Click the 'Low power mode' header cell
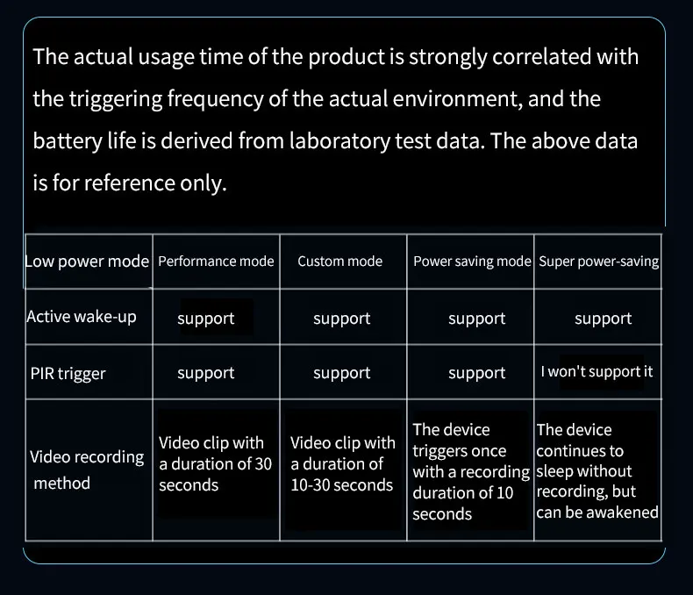[x=87, y=262]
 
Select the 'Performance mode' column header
[x=216, y=262]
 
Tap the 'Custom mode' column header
[x=340, y=262]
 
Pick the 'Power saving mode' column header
[x=472, y=262]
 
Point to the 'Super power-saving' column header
[x=599, y=262]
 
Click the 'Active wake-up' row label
[x=82, y=317]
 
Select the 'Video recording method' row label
[x=86, y=470]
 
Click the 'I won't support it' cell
[x=597, y=371]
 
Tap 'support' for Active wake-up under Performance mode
[x=206, y=319]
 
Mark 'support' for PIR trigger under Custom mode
[x=341, y=373]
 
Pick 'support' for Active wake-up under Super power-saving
[x=604, y=319]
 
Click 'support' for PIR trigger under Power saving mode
[x=477, y=373]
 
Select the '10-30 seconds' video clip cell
[x=342, y=464]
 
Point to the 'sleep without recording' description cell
[x=597, y=472]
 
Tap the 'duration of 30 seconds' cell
[x=215, y=464]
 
